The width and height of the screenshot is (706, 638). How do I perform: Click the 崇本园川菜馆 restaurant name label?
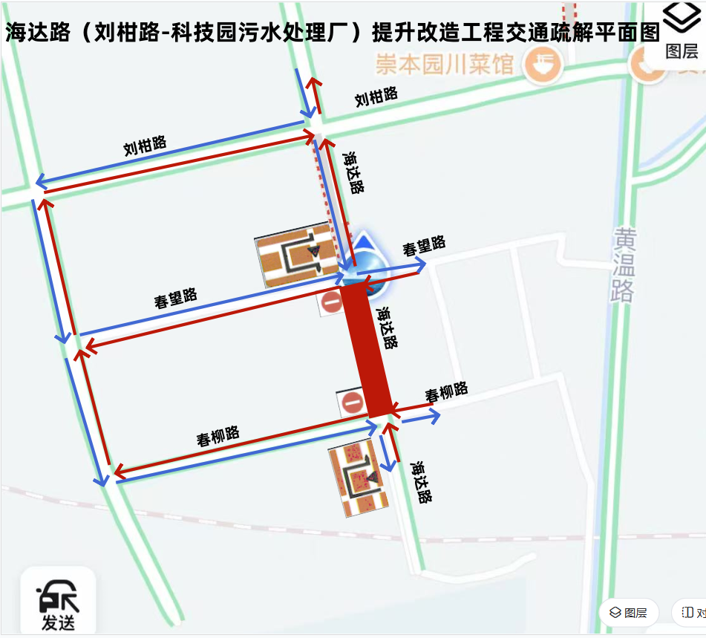coord(444,65)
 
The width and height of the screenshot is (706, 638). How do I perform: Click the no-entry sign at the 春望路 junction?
coord(330,302)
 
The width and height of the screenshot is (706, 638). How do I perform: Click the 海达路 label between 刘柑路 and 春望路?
coord(353,173)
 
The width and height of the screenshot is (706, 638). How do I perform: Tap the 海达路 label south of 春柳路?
coord(421,483)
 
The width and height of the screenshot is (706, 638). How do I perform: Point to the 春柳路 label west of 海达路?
coord(218,436)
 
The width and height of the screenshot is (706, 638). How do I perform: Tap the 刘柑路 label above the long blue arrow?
coord(145,146)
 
